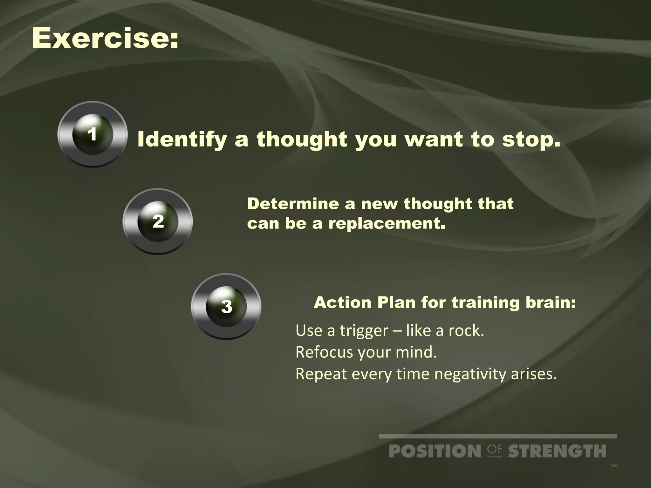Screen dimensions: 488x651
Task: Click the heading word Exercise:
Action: [105, 38]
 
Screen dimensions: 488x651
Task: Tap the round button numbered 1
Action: [93, 134]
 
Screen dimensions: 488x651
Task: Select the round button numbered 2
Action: [158, 221]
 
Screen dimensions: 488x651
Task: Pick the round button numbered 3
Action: [226, 307]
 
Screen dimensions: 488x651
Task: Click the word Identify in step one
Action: [182, 140]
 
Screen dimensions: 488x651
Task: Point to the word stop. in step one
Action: [531, 140]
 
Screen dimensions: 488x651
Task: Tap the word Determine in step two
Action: [293, 204]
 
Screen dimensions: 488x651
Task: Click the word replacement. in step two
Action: [387, 223]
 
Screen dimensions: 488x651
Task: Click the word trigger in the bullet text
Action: [364, 331]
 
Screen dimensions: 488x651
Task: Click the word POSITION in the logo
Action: [435, 451]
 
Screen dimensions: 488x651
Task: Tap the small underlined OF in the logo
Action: [495, 450]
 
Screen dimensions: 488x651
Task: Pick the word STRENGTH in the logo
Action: [557, 451]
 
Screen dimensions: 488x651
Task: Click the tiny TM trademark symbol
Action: [614, 466]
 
